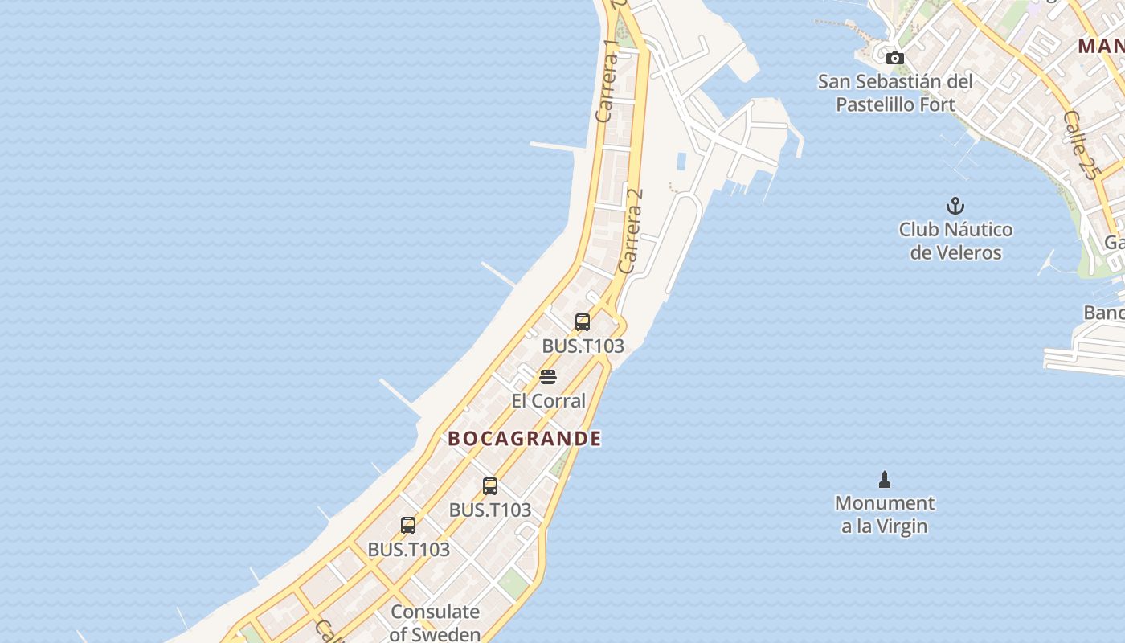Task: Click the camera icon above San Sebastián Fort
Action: [894, 58]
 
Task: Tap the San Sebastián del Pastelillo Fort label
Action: [895, 93]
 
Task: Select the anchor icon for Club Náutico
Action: [955, 206]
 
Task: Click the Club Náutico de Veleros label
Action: [955, 241]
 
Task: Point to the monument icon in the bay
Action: [885, 480]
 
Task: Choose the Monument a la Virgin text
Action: [885, 514]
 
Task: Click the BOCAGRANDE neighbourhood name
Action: [524, 439]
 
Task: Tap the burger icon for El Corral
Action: [548, 377]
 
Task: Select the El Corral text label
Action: [548, 400]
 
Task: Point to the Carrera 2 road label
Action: [632, 230]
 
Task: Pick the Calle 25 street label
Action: [1079, 145]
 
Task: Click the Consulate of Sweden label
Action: [435, 623]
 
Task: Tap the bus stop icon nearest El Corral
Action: [583, 322]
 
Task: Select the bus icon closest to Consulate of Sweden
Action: [408, 526]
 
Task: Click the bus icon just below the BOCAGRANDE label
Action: [490, 486]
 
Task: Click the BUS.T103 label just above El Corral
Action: [583, 346]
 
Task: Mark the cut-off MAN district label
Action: [1101, 46]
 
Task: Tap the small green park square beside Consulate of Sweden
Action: [512, 582]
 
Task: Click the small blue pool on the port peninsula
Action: [681, 161]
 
